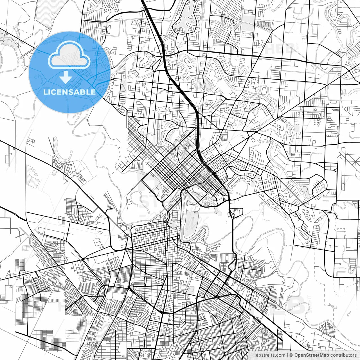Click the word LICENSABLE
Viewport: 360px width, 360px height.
click(x=69, y=92)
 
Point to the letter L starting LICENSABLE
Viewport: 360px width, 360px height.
click(x=45, y=92)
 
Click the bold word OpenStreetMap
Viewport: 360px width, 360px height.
click(x=311, y=355)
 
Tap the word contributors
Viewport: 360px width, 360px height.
click(x=343, y=355)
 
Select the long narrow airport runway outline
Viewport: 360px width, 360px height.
click(x=343, y=169)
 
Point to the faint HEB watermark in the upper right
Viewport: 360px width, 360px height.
click(x=280, y=48)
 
